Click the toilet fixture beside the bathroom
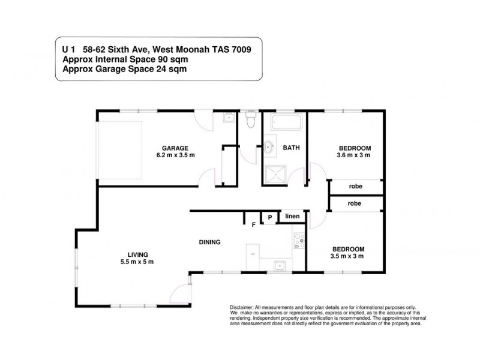pos(251,122)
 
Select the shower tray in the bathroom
pos(276,174)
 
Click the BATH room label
pos(291,148)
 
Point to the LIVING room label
pos(138,254)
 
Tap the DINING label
pos(210,242)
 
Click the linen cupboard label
pos(292,216)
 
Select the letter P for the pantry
pos(270,217)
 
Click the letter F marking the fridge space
pos(253,224)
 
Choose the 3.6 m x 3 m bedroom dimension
pos(354,156)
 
